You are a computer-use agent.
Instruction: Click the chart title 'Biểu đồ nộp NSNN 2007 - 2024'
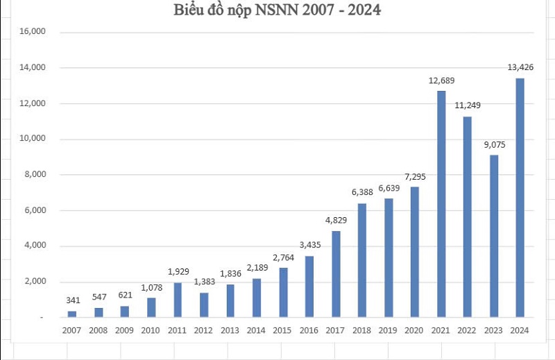tap(277, 10)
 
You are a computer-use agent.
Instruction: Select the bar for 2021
tap(441, 204)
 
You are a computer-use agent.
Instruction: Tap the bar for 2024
tap(520, 198)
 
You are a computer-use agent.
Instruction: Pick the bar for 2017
tap(336, 274)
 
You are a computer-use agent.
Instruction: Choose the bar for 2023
tap(493, 236)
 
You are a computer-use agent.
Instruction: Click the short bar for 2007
tap(72, 314)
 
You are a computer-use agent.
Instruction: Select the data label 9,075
tap(493, 145)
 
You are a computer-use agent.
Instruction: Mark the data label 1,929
tap(178, 273)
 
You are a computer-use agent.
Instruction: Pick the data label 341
tap(72, 300)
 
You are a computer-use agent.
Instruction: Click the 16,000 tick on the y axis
tap(32, 32)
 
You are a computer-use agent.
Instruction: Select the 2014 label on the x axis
tap(257, 330)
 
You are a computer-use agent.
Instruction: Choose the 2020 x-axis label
tap(415, 330)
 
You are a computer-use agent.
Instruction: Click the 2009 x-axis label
tap(125, 330)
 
